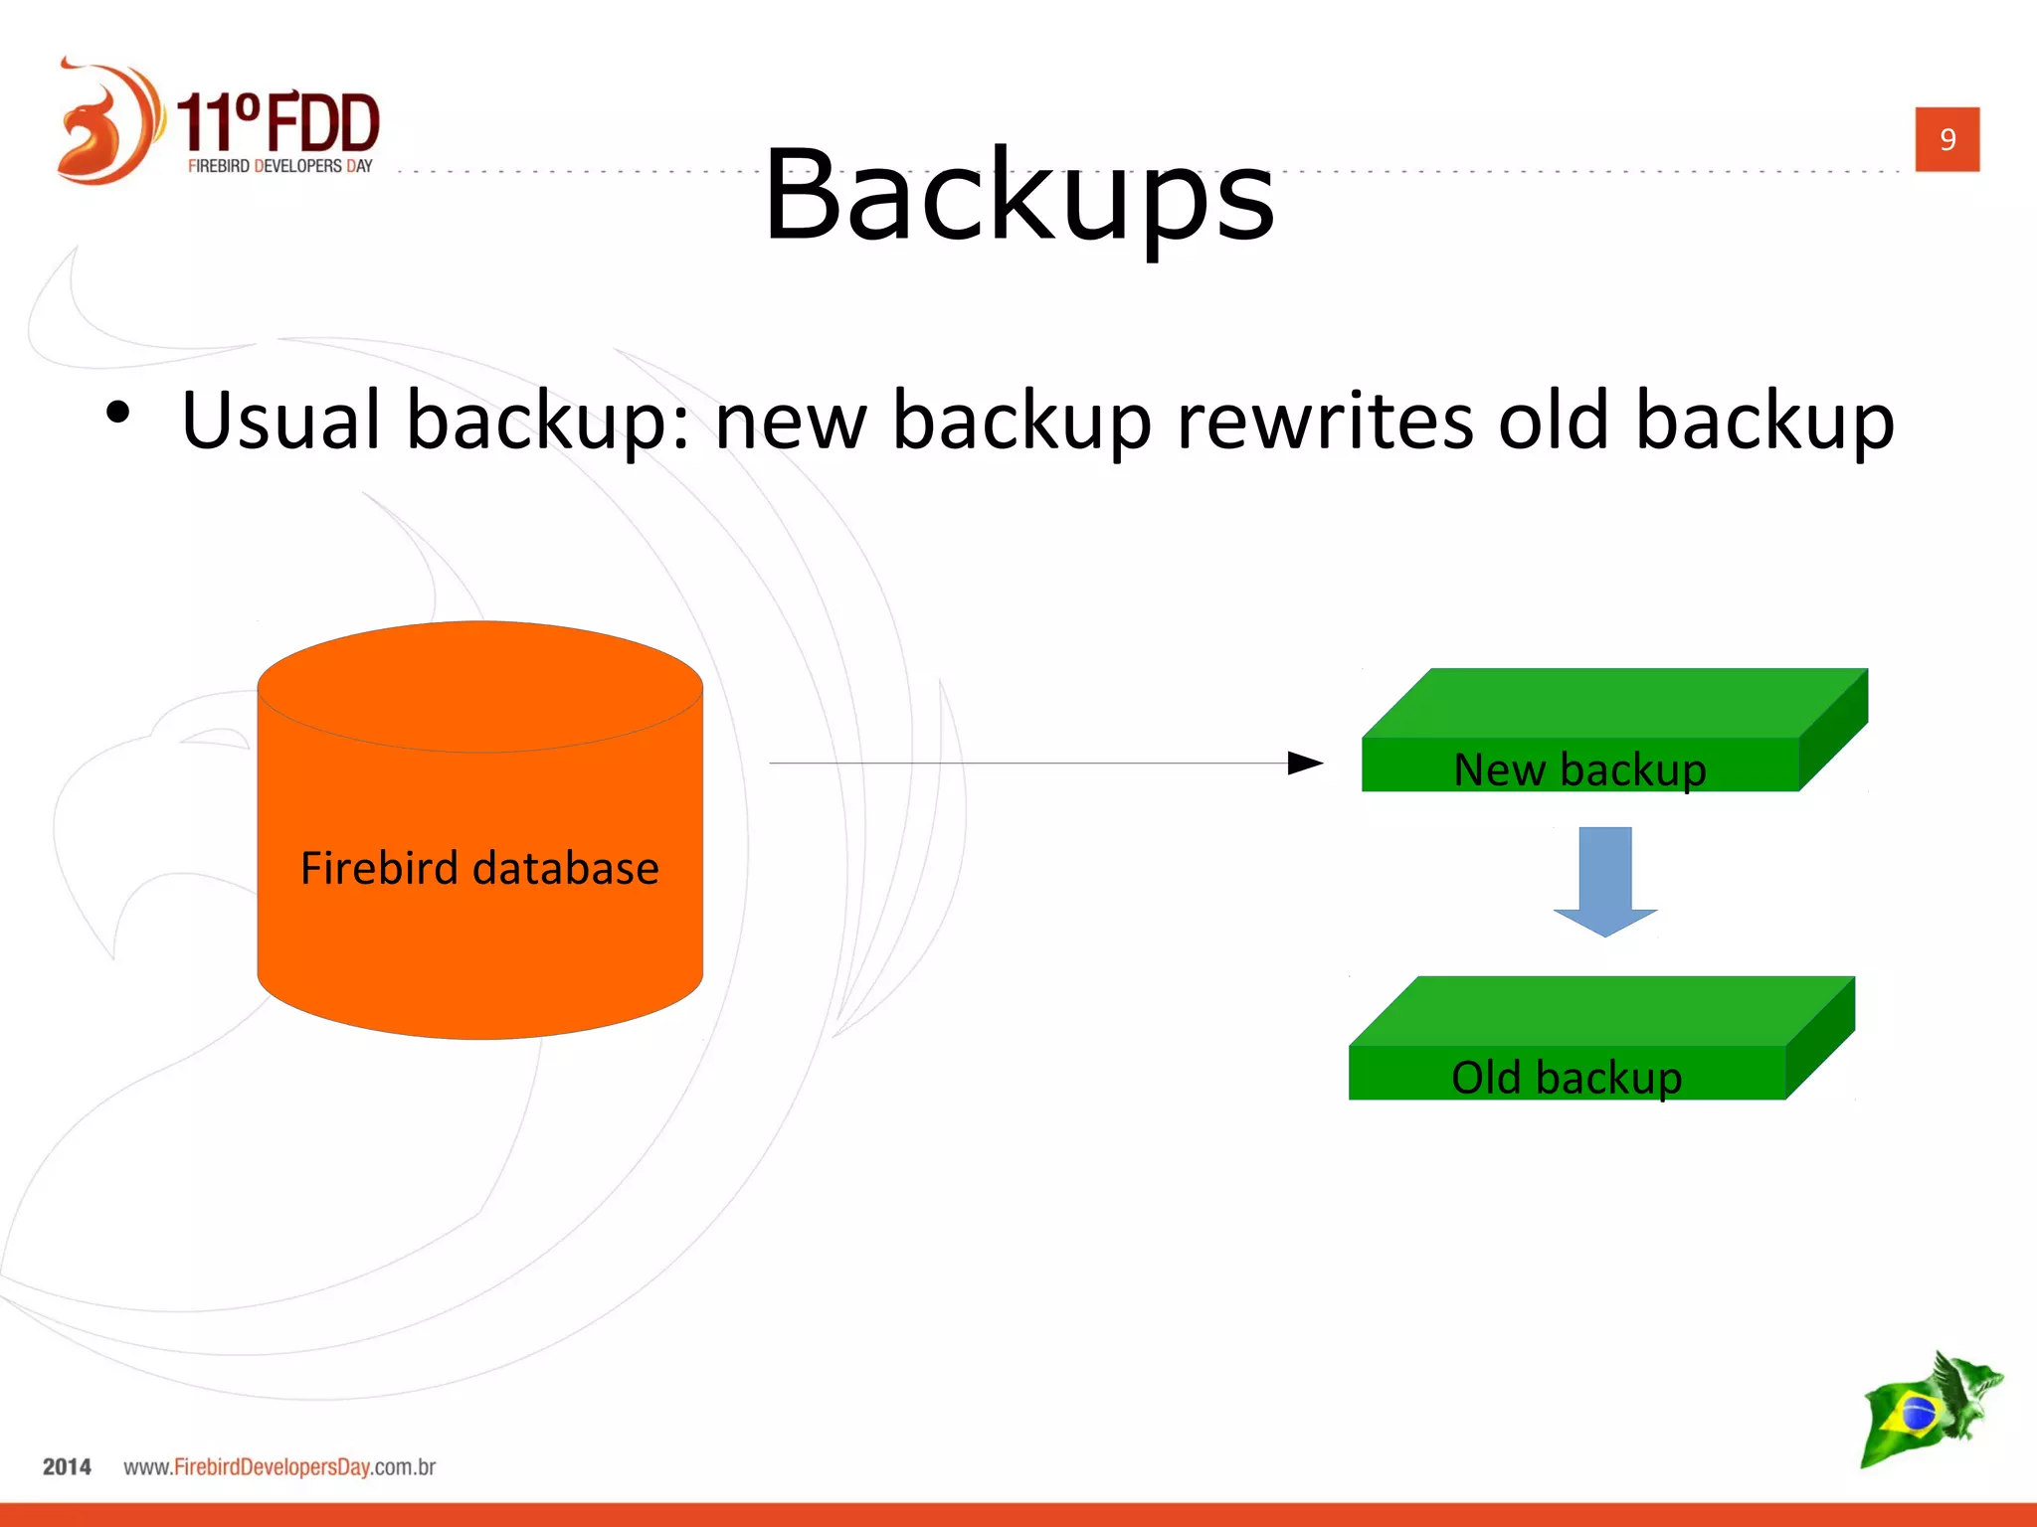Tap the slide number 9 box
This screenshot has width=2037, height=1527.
(1946, 139)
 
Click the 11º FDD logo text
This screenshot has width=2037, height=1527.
(278, 122)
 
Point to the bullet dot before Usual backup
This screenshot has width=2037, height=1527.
(117, 413)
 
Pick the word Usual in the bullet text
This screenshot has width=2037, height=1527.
(281, 421)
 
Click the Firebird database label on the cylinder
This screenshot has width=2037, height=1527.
(479, 868)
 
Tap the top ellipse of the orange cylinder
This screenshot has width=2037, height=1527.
(479, 686)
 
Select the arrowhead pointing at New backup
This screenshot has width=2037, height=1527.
(1304, 763)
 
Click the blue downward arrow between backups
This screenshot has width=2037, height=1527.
(1604, 880)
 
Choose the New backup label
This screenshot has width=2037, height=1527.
(1579, 769)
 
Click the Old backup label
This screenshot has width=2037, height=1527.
(1567, 1078)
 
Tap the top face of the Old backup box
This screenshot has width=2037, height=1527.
(1601, 1010)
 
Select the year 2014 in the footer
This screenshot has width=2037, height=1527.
(67, 1466)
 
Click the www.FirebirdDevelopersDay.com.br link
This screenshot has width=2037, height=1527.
(279, 1466)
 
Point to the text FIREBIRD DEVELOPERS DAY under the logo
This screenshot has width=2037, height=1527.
(279, 166)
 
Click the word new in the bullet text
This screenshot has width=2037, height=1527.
(790, 421)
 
